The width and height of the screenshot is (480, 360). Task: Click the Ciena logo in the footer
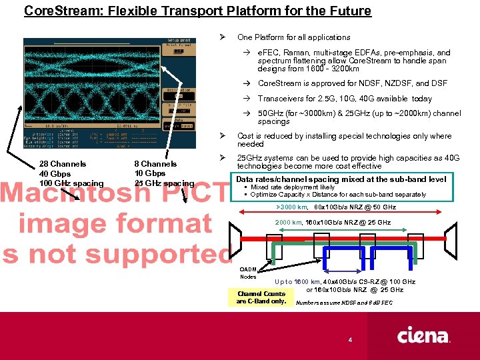click(x=423, y=335)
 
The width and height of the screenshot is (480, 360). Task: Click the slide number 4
click(x=350, y=341)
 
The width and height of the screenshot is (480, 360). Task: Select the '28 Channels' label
click(x=63, y=164)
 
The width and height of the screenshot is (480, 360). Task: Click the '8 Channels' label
click(x=155, y=164)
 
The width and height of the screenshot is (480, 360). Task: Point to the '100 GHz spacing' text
click(x=72, y=183)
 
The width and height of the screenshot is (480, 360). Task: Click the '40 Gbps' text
click(x=55, y=174)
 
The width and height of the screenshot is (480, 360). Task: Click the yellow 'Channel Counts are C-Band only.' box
click(x=261, y=297)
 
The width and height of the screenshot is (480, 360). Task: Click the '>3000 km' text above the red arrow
click(x=291, y=207)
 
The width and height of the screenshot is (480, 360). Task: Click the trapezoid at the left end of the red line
click(x=235, y=241)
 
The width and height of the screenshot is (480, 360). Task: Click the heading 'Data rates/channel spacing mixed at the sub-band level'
click(x=341, y=179)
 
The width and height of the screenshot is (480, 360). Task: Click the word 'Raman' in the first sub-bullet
click(x=294, y=53)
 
